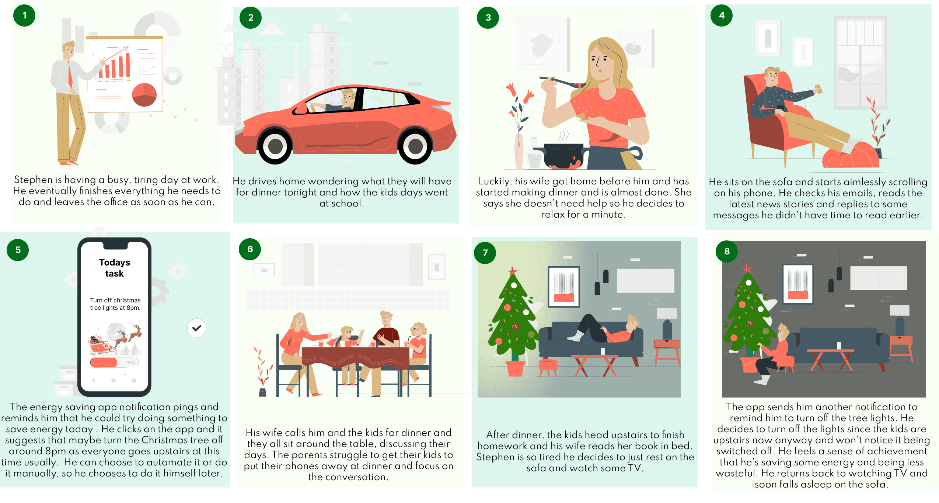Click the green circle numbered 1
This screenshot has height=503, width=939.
click(x=24, y=15)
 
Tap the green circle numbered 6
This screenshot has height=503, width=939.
click(x=250, y=249)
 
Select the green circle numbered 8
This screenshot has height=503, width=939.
click(x=727, y=251)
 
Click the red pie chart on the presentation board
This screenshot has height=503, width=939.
click(x=144, y=95)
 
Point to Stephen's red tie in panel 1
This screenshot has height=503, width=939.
click(x=70, y=74)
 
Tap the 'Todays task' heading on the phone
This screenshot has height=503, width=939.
click(x=115, y=268)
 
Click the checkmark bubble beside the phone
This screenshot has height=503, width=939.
click(x=197, y=328)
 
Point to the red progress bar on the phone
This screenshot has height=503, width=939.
click(x=104, y=362)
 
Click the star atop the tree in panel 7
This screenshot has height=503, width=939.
click(x=512, y=271)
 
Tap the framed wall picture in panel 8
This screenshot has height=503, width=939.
click(x=798, y=284)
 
